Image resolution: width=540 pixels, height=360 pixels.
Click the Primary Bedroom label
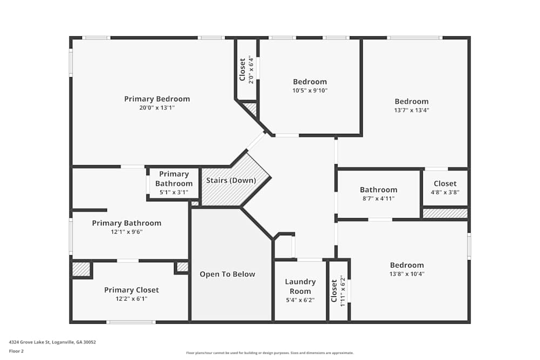coord(157,99)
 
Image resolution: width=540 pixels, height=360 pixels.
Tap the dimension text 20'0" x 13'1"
coord(157,108)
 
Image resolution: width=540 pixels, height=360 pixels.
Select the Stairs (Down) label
coord(231,180)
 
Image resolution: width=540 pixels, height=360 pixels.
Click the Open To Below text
coord(227,274)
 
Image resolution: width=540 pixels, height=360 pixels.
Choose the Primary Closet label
coord(131,290)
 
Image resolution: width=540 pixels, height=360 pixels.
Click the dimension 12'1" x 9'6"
coord(126,232)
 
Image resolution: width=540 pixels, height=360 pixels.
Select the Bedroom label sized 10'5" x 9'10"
coord(310,81)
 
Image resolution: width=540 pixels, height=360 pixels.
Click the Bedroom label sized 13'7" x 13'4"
coord(411,101)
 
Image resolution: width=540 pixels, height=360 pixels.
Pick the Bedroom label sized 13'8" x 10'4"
coord(407,265)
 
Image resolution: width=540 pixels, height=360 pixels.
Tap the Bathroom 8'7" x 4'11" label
coord(378,189)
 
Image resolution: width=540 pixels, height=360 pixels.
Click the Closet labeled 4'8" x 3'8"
coord(445,184)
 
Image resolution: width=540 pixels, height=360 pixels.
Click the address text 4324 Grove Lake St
coord(52,342)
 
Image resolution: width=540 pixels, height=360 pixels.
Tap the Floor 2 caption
coord(16,351)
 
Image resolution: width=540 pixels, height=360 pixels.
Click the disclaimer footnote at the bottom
coord(269,353)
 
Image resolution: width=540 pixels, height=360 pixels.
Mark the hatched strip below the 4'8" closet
coord(445,214)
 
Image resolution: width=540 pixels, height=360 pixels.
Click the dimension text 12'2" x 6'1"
coord(131,298)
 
